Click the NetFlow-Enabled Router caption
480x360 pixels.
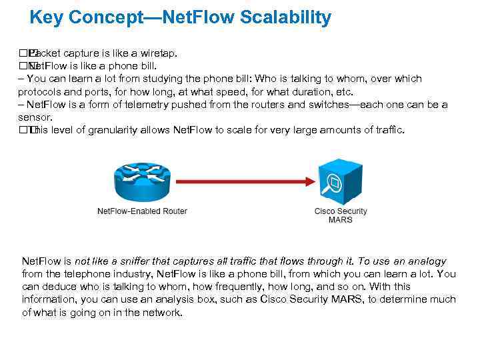point(142,211)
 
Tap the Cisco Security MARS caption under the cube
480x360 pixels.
point(341,215)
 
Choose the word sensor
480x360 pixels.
point(34,117)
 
